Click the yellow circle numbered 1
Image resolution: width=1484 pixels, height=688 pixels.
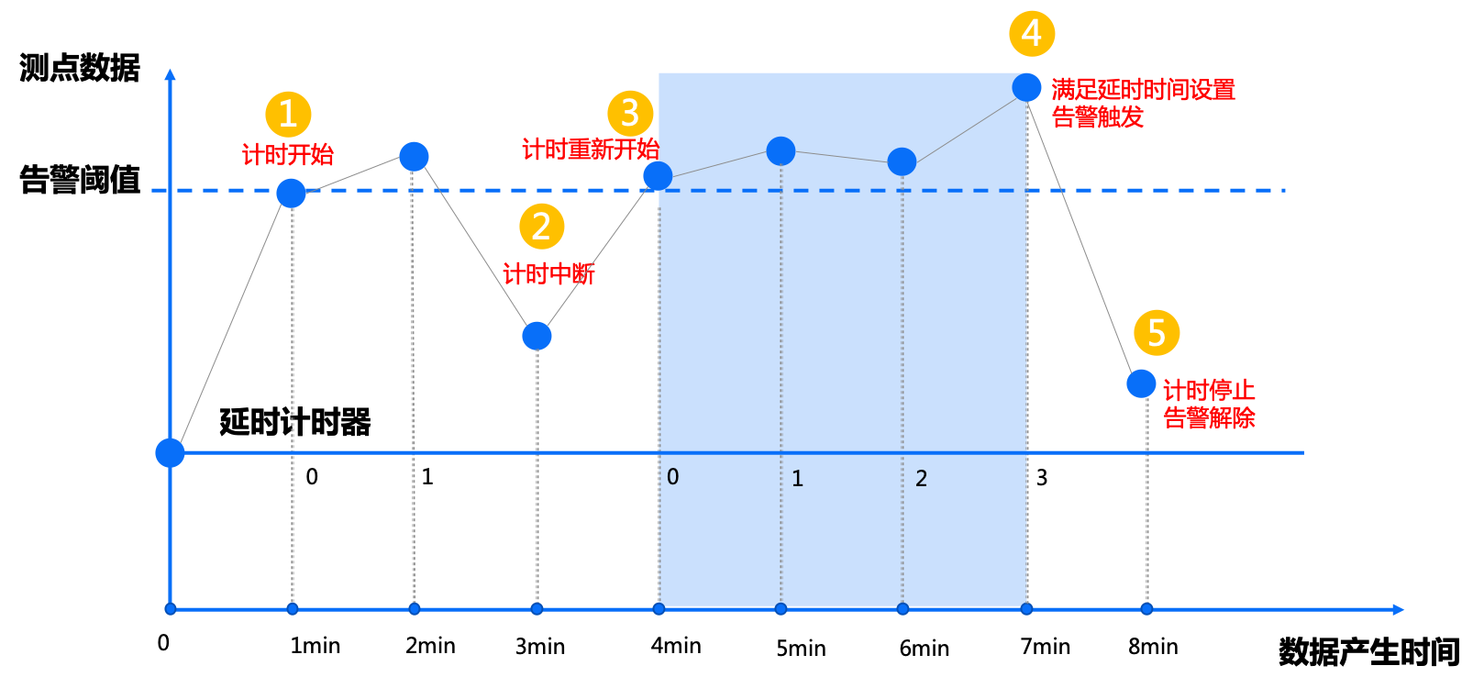tap(288, 115)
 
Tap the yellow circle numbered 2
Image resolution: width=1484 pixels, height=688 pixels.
tap(541, 227)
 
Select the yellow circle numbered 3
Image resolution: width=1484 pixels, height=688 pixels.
tap(630, 113)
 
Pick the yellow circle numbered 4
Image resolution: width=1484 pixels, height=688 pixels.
tap(1032, 34)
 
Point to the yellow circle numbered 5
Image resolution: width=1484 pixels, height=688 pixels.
tap(1157, 332)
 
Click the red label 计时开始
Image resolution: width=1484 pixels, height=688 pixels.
tap(288, 154)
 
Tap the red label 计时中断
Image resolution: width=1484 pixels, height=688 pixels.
tap(548, 273)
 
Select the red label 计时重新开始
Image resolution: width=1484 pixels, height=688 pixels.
tap(590, 150)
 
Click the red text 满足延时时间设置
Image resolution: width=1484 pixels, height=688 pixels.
tap(1143, 90)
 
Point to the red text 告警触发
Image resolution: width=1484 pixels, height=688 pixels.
tap(1097, 117)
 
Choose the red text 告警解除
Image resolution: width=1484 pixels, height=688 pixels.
tap(1209, 418)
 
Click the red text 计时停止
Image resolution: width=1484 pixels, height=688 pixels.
tap(1209, 391)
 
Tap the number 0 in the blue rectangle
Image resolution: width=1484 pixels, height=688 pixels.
tap(672, 477)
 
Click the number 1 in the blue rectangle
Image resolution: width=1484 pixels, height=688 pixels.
tap(797, 479)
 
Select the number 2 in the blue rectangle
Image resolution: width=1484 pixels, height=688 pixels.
tap(921, 479)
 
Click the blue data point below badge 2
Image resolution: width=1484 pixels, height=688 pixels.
tap(537, 336)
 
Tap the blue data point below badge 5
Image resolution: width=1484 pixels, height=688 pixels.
tap(1141, 383)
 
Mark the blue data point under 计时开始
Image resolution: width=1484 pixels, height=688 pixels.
tap(291, 193)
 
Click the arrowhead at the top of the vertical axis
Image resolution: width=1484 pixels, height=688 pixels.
tap(170, 74)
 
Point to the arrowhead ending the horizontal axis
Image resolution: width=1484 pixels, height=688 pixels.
tap(1398, 609)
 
